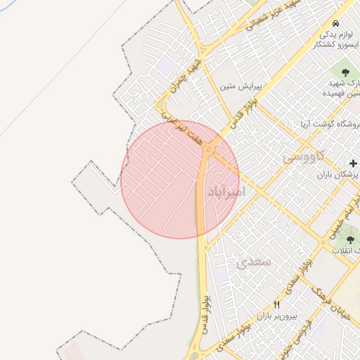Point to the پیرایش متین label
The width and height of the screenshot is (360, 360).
click(x=240, y=87)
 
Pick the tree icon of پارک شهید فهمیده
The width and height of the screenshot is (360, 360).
click(x=345, y=71)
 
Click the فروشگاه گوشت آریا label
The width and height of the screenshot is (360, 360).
click(x=324, y=124)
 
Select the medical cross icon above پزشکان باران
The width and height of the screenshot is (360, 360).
click(x=353, y=163)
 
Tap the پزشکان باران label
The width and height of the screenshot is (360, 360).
click(x=337, y=174)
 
